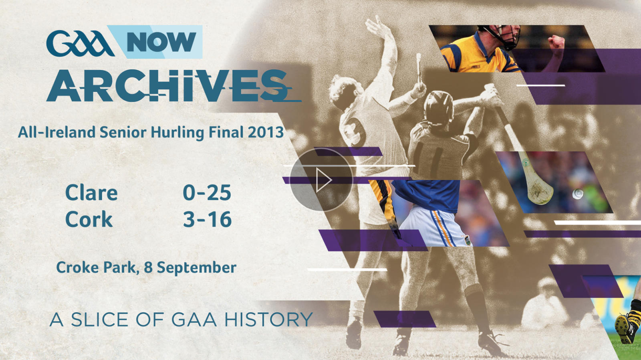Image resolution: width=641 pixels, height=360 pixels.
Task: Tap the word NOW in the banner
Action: click(161, 42)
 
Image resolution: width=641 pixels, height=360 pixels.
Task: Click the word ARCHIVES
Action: click(168, 85)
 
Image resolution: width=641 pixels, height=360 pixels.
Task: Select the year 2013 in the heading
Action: click(266, 132)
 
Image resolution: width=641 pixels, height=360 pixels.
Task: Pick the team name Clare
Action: click(91, 193)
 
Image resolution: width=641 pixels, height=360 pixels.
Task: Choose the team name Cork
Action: click(89, 220)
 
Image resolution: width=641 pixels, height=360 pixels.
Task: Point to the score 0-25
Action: click(207, 193)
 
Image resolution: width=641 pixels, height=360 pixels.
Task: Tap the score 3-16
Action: click(207, 220)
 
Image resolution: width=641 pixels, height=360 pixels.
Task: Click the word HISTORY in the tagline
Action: click(268, 320)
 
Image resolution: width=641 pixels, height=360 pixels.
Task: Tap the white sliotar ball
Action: click(577, 194)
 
